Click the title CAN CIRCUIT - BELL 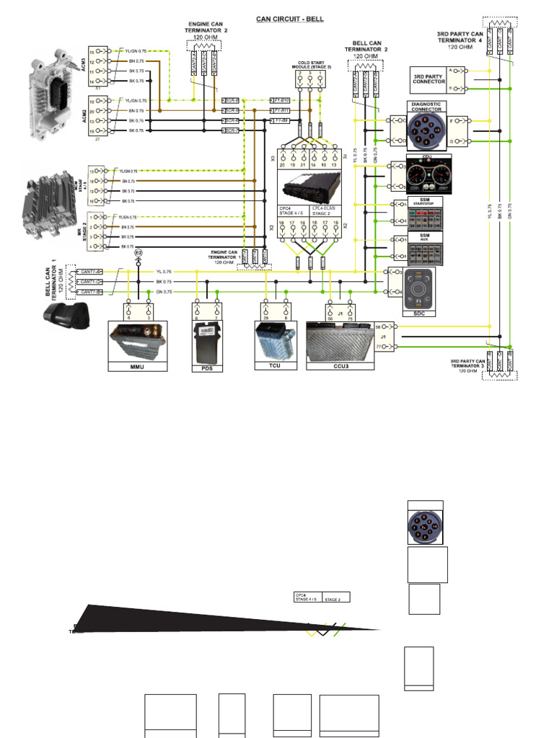290,19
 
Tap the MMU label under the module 137,367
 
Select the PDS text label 207,368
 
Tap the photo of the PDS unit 207,338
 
